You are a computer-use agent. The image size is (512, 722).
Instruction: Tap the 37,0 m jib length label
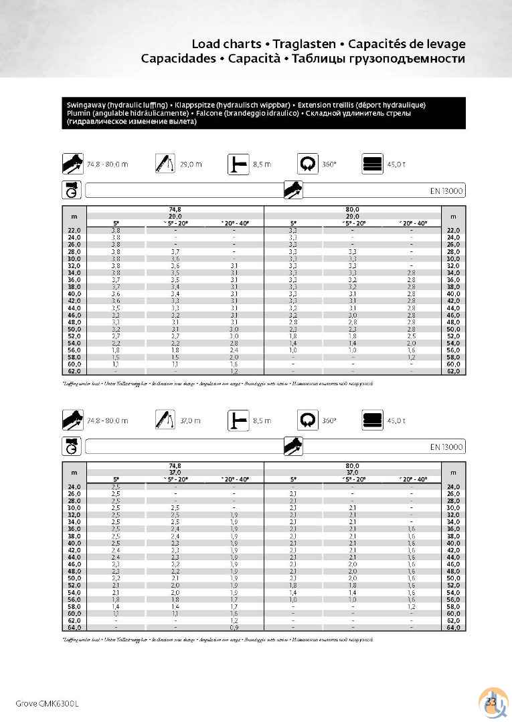191,421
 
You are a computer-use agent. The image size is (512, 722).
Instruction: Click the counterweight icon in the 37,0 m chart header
373,421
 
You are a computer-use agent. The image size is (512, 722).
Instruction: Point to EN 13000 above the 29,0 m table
446,191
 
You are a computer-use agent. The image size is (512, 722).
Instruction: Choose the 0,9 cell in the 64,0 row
234,628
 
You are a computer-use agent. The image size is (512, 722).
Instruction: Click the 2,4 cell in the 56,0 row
234,350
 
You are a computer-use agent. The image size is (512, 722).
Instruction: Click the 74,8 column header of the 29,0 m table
175,210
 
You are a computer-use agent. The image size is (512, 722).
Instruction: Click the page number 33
490,701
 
